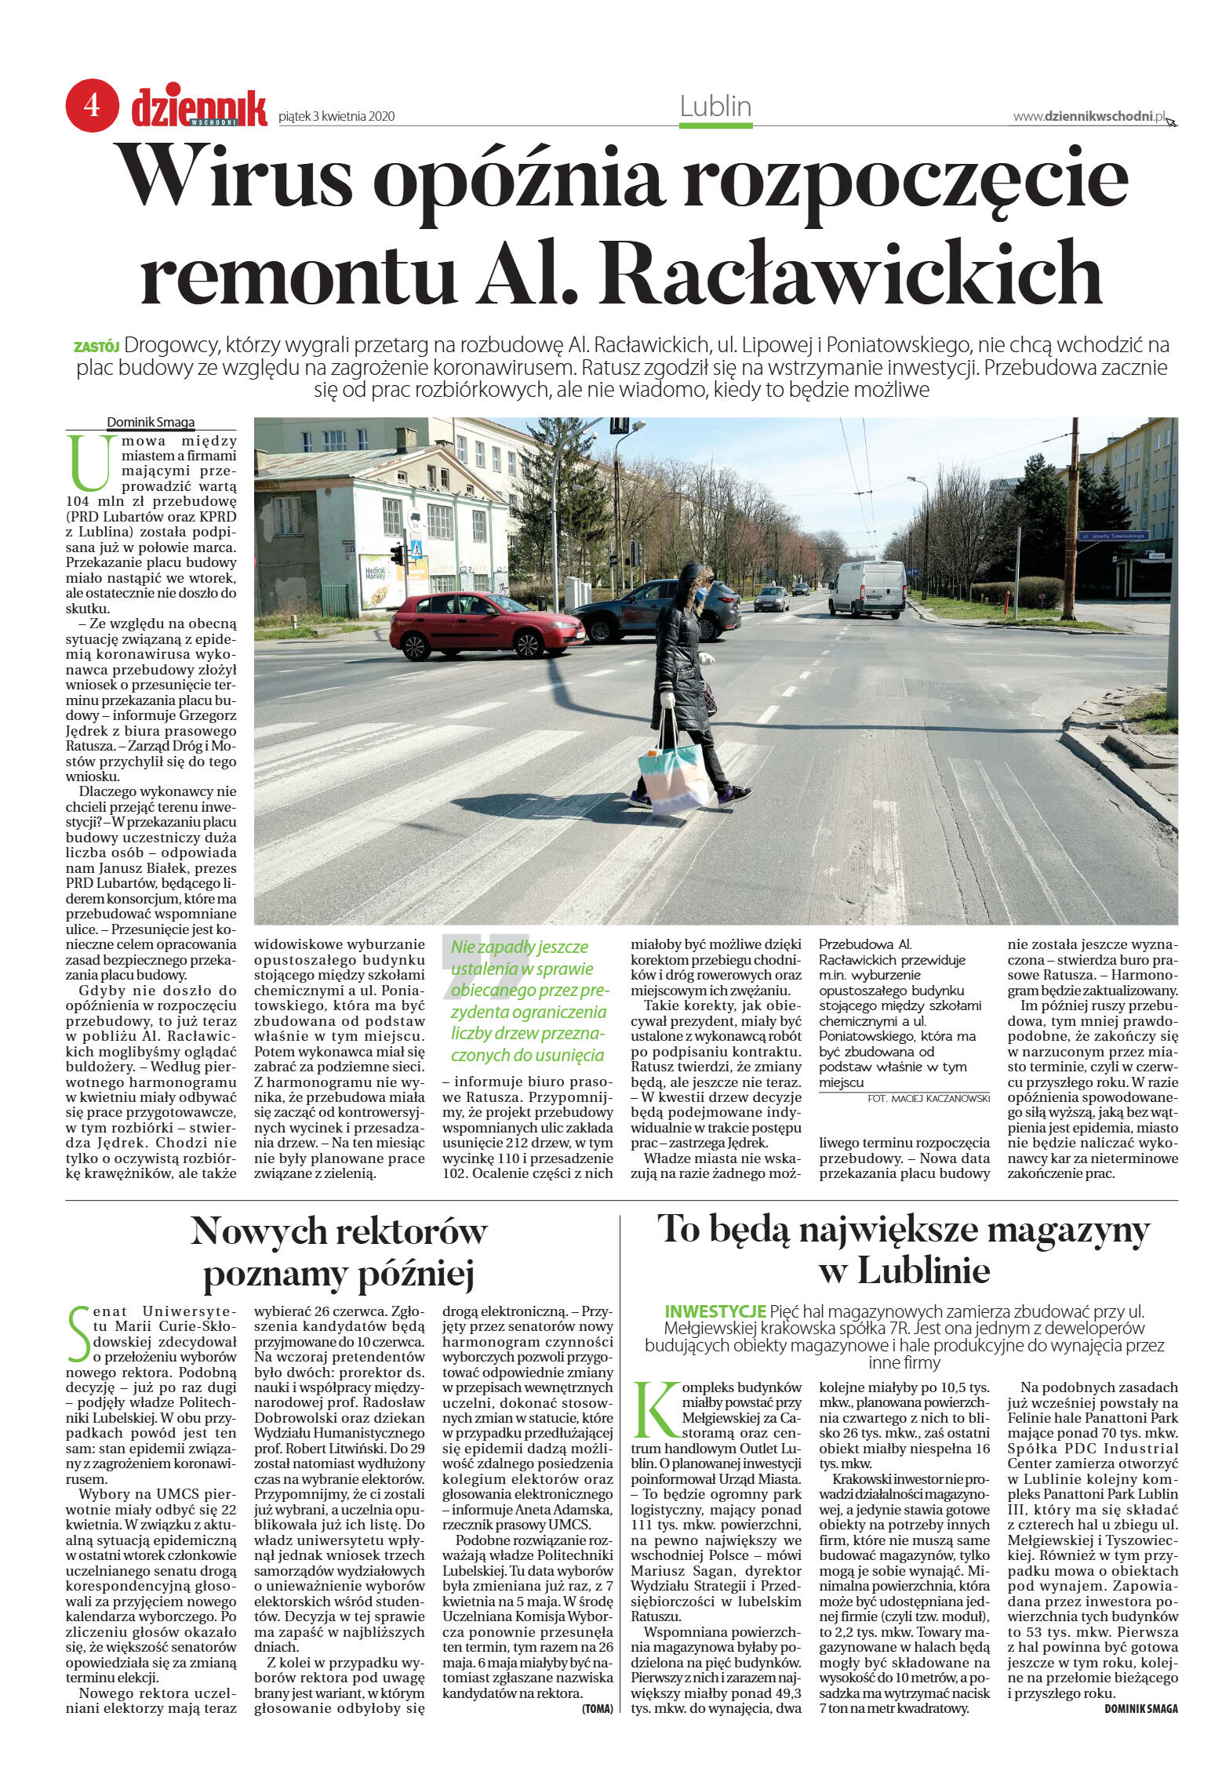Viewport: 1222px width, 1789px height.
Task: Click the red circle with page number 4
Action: pyautogui.click(x=92, y=104)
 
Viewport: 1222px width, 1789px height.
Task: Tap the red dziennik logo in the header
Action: pyautogui.click(x=199, y=108)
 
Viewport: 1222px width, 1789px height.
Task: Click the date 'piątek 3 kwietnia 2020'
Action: pyautogui.click(x=336, y=117)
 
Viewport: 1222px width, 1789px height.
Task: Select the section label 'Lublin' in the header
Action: pyautogui.click(x=715, y=106)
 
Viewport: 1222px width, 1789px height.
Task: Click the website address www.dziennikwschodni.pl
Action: pyautogui.click(x=1089, y=116)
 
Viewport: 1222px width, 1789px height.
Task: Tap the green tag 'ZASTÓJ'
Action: pyautogui.click(x=96, y=347)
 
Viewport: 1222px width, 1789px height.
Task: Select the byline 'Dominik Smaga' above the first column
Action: pyautogui.click(x=151, y=422)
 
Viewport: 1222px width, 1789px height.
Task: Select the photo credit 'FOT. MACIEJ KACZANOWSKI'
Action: pyautogui.click(x=928, y=1098)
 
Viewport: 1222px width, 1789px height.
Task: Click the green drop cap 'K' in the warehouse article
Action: pyautogui.click(x=655, y=1411)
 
